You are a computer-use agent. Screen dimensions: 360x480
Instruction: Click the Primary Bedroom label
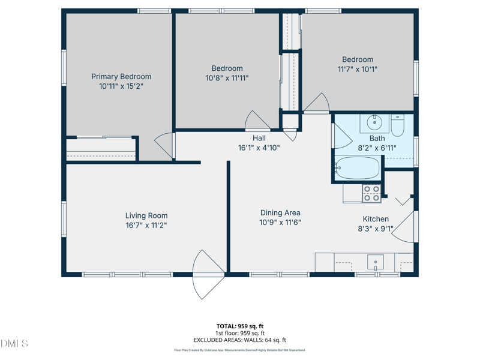(x=121, y=76)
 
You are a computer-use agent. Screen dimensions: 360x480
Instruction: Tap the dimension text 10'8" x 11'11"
(x=227, y=78)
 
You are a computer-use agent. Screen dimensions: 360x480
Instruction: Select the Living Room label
(x=146, y=215)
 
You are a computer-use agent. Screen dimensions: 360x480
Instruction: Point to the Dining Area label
(x=280, y=212)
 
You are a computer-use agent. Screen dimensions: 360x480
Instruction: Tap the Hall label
(x=259, y=138)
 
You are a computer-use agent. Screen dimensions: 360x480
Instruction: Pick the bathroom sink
(x=375, y=123)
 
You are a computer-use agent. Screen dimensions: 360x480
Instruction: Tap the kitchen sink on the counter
(x=376, y=262)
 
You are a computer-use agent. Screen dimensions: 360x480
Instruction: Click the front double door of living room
(x=207, y=274)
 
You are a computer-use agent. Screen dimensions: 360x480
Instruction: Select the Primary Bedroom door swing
(x=164, y=146)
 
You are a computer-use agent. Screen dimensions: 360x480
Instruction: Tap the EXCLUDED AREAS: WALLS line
(x=239, y=340)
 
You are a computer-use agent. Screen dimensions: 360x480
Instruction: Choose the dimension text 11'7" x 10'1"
(x=358, y=69)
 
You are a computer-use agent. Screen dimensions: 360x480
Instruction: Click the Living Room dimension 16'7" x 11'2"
(x=146, y=226)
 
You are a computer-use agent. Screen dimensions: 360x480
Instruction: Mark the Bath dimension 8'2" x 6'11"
(x=377, y=148)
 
